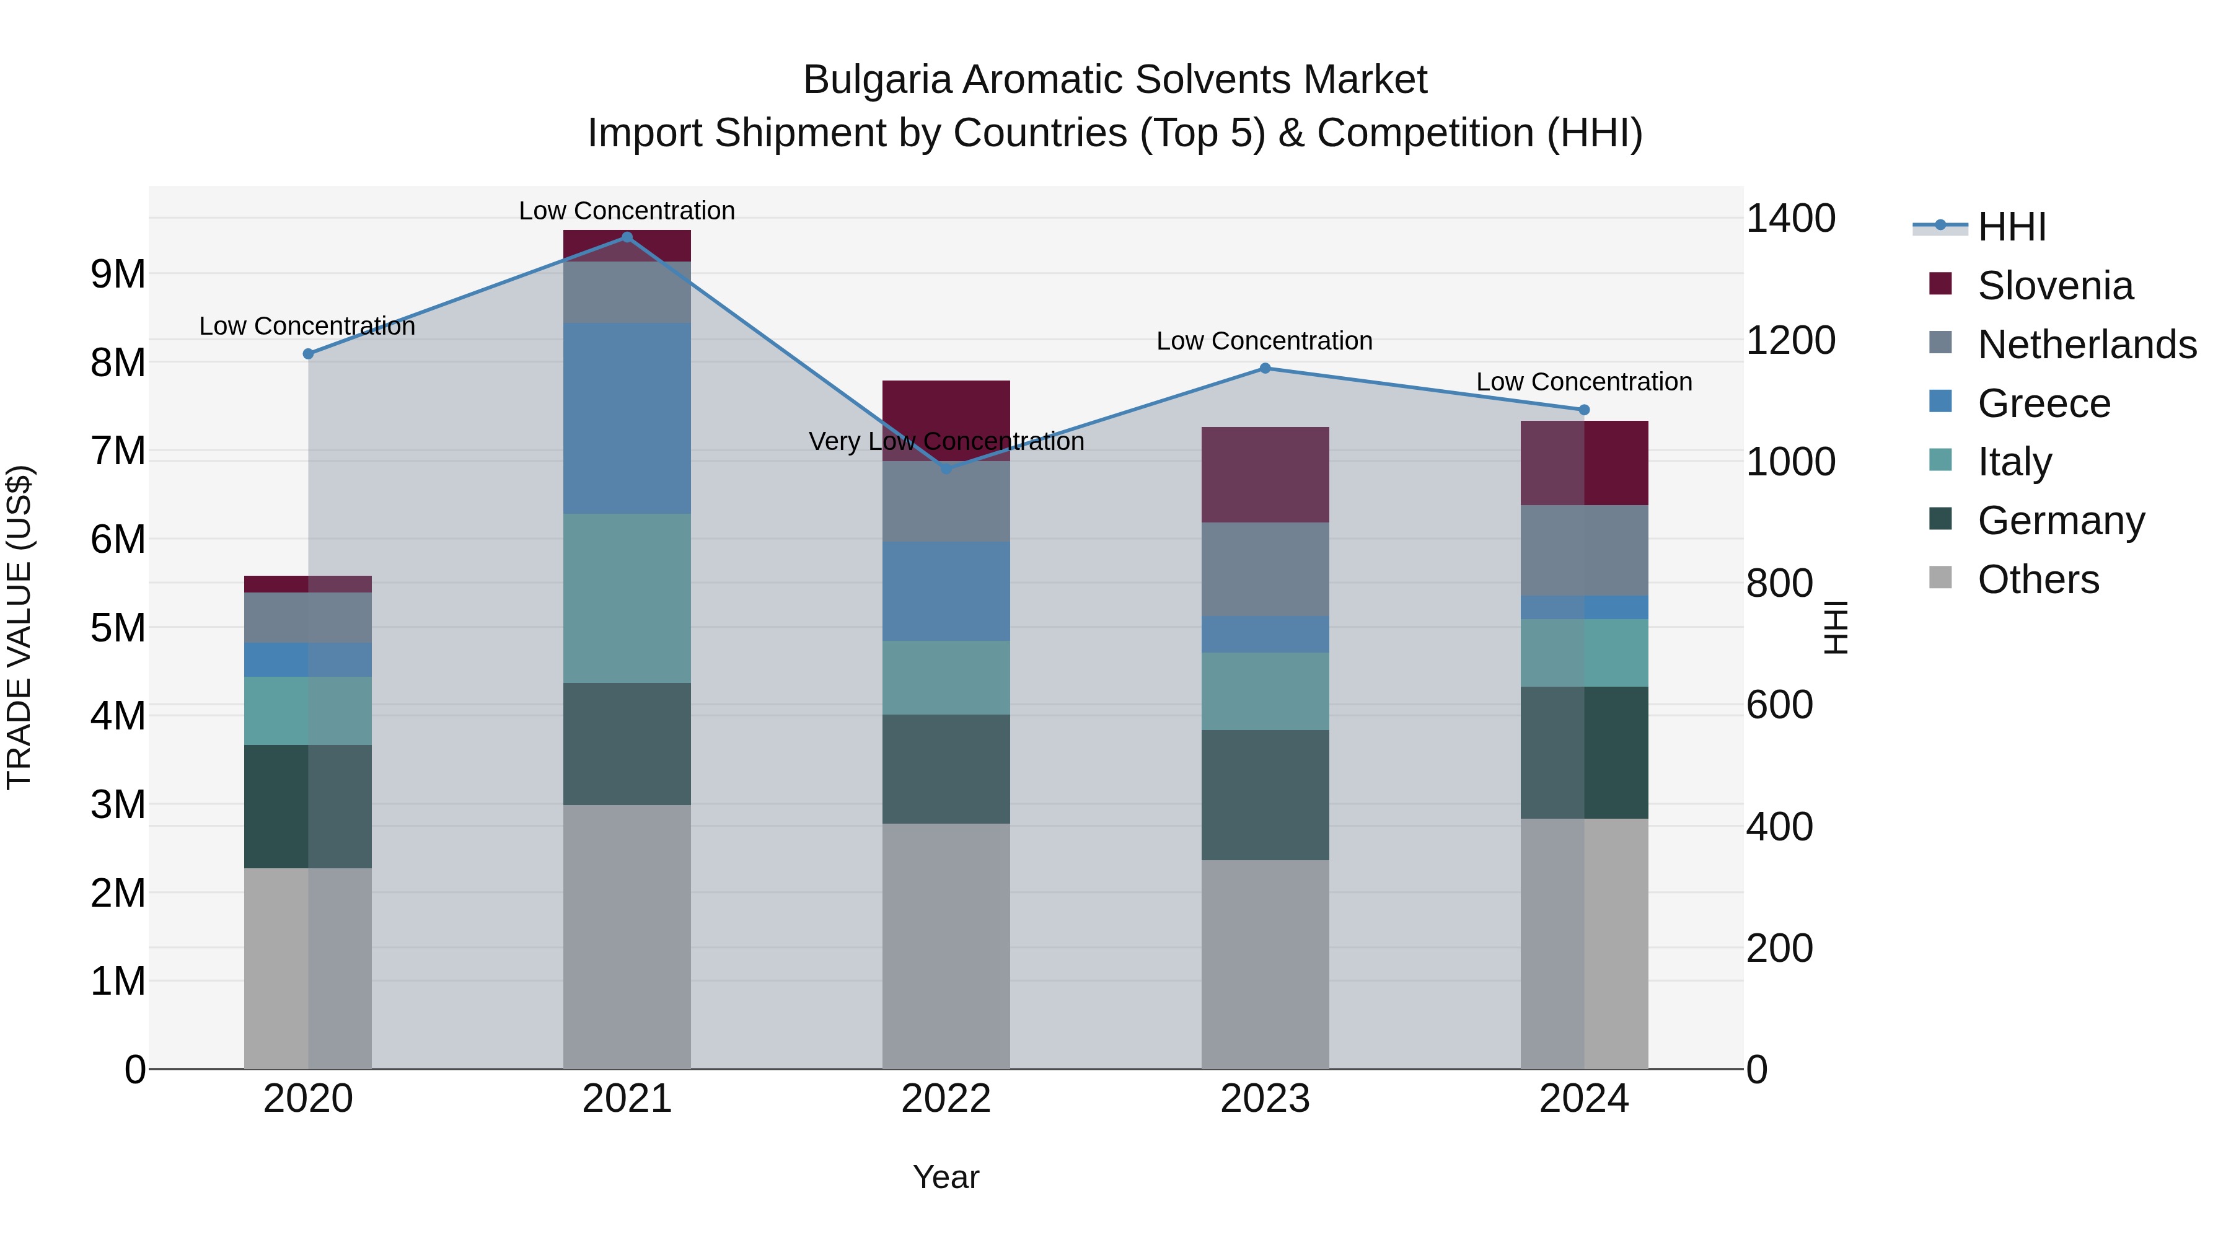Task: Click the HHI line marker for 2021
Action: coord(627,237)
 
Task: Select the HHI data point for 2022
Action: coord(946,469)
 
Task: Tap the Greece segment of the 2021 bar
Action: coord(627,418)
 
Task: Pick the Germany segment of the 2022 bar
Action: coord(946,768)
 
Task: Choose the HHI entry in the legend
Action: coord(2011,227)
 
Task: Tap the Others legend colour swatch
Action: coord(1941,578)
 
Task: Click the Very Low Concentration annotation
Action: coord(946,442)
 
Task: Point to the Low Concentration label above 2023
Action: coord(1264,341)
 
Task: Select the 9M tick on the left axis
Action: coord(118,275)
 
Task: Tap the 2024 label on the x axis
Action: coord(1583,1099)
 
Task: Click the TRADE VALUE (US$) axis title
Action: coord(19,627)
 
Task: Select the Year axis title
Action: coord(946,1177)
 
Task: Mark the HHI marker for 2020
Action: coord(309,353)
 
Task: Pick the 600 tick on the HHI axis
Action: coord(1779,705)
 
